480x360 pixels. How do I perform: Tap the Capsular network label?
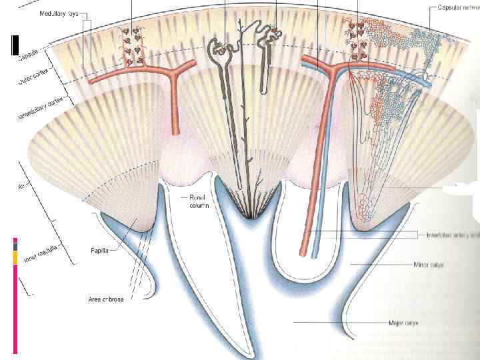(454, 7)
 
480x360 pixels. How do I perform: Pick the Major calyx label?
(406, 323)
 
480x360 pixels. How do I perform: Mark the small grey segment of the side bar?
(15, 246)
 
